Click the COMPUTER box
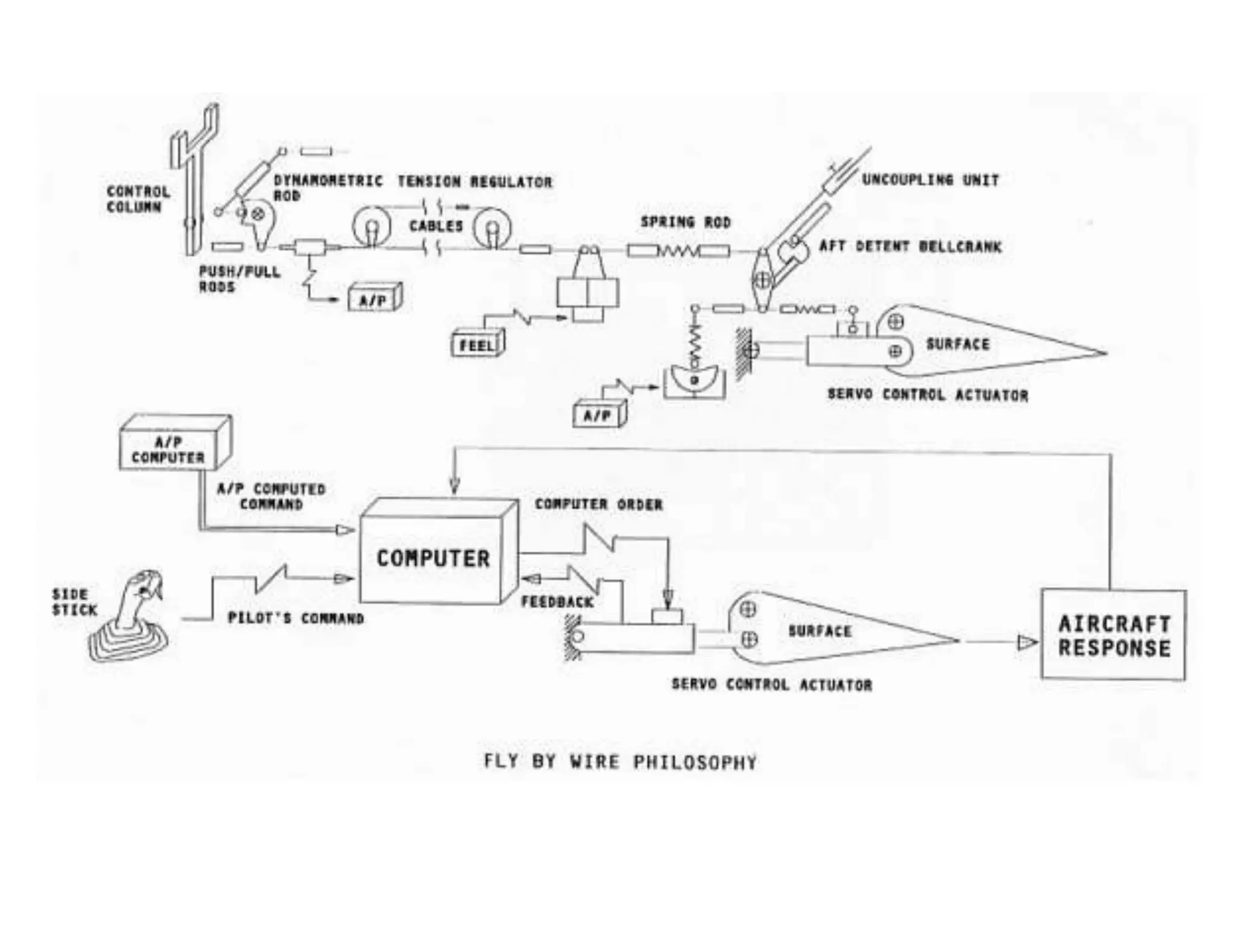tap(433, 558)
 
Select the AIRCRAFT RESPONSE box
tap(1113, 635)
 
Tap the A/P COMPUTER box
tap(168, 450)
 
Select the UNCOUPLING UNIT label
tap(930, 180)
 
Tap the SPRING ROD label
tap(685, 222)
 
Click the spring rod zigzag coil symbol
tap(678, 250)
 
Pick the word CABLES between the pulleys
tap(436, 226)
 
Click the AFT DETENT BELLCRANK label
tap(910, 247)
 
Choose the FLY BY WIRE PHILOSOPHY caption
tap(620, 762)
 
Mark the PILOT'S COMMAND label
tap(295, 619)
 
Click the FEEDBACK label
tap(557, 602)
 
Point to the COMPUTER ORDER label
tap(598, 504)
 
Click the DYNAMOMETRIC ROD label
tap(327, 187)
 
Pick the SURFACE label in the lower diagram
tap(819, 631)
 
